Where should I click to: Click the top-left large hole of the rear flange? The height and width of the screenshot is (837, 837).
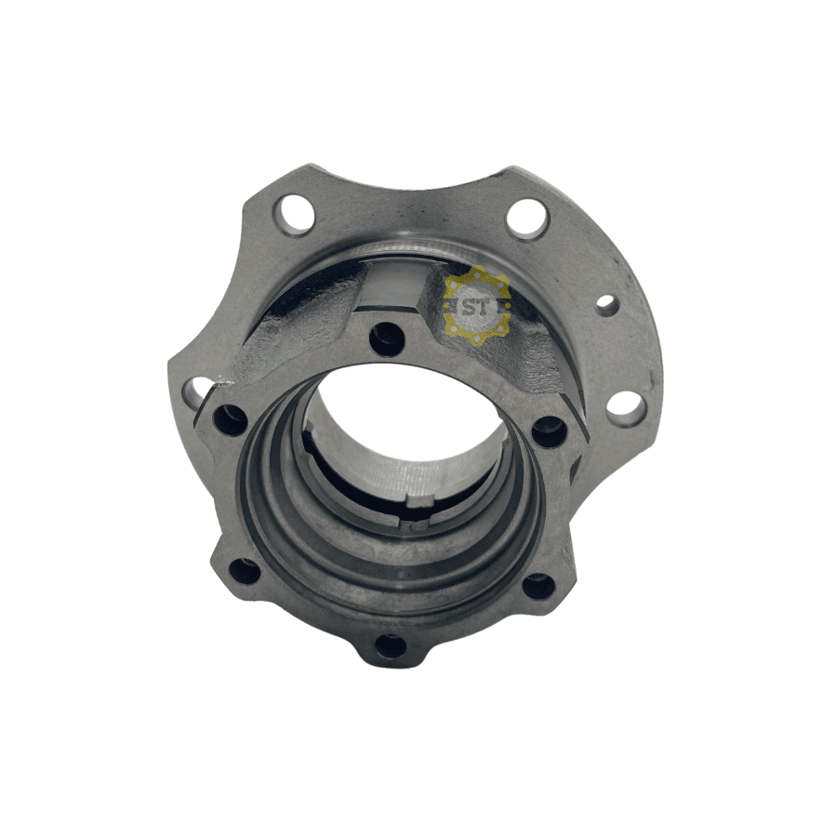pos(294,215)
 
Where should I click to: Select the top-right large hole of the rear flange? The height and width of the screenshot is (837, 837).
pos(528,219)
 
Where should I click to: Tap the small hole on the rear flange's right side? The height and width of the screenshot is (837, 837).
pos(607,305)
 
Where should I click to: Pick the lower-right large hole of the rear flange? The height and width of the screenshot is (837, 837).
pos(627,409)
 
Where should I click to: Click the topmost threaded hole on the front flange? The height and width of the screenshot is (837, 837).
pos(387,339)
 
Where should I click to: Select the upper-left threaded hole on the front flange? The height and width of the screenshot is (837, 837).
pos(231,419)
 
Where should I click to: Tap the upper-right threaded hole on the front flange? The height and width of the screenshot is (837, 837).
pos(549,432)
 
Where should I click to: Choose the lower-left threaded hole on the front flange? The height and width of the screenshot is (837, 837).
pos(245,571)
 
